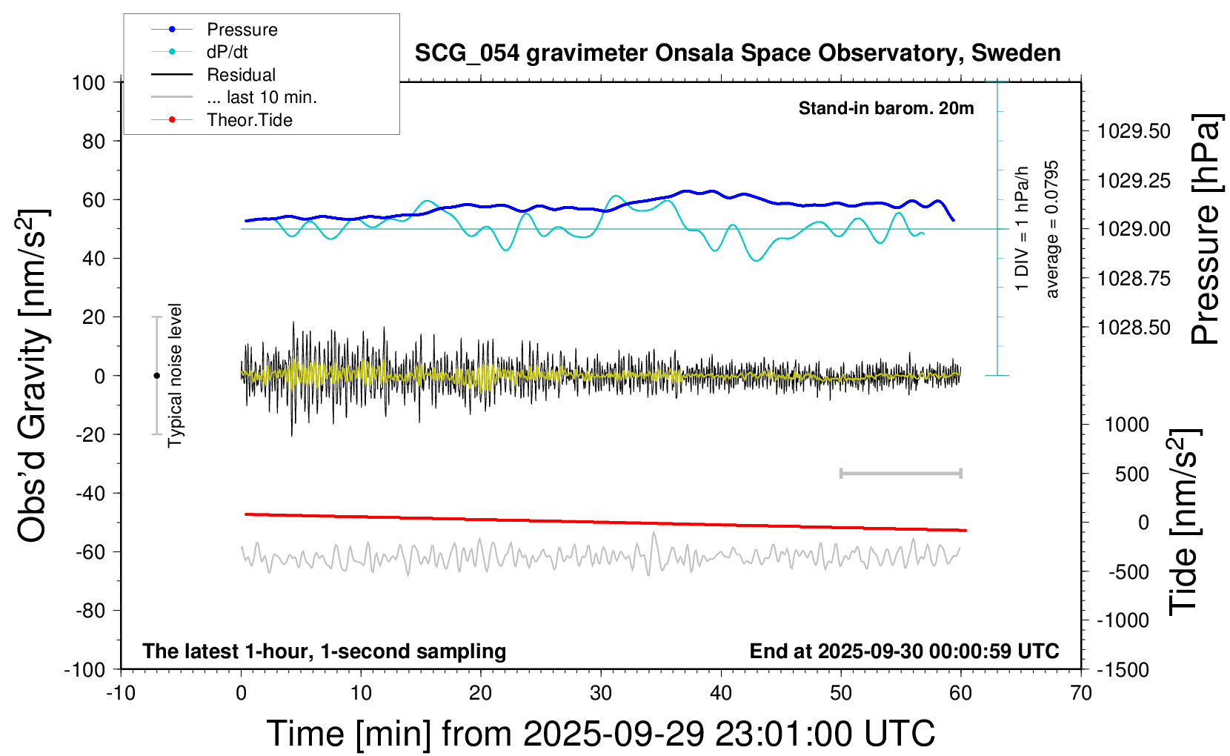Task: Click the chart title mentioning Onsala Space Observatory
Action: point(737,53)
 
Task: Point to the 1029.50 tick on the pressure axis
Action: point(1134,132)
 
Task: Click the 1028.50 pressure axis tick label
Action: point(1134,328)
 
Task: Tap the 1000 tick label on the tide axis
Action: point(1127,425)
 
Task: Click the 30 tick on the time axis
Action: point(601,694)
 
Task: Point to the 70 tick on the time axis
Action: point(1081,694)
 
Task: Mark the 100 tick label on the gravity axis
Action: point(88,82)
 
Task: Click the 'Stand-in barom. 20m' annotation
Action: point(885,109)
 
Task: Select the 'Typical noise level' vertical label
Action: point(175,375)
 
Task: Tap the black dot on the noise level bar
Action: point(156,376)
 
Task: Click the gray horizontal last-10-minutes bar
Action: point(900,474)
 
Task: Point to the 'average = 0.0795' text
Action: point(1052,229)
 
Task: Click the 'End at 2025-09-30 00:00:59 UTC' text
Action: point(904,651)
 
